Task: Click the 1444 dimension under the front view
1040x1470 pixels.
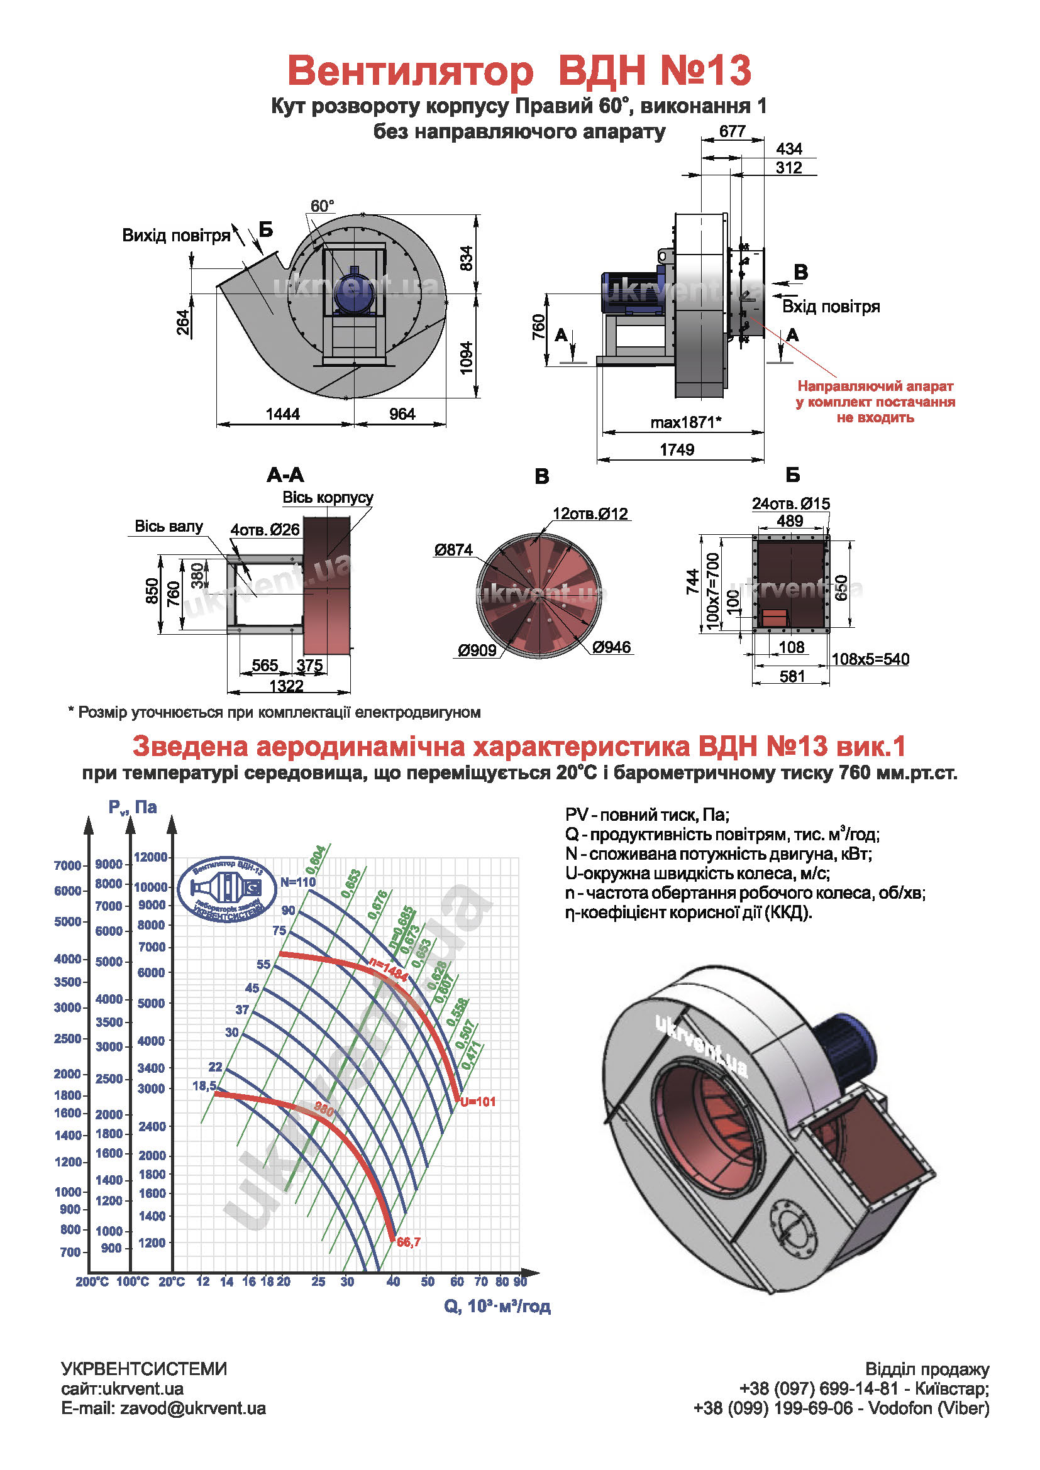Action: [x=282, y=414]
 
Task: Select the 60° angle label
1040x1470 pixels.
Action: [x=322, y=206]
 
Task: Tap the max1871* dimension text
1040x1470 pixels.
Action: [x=685, y=422]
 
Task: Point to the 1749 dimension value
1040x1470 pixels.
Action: [x=677, y=449]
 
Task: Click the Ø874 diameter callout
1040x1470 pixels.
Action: [x=453, y=549]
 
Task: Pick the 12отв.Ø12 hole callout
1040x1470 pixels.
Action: [x=590, y=513]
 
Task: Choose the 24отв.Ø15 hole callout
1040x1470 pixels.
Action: [x=790, y=503]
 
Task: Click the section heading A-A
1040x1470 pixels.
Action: [x=285, y=475]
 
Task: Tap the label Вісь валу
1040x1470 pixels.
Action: [x=169, y=526]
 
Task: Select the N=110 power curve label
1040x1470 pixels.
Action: [x=298, y=882]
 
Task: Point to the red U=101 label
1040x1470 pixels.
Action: [x=478, y=1101]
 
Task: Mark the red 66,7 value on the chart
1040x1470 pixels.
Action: [x=409, y=1242]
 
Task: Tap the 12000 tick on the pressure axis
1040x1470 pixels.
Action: [x=150, y=857]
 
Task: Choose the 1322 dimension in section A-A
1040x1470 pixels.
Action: [x=286, y=686]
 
